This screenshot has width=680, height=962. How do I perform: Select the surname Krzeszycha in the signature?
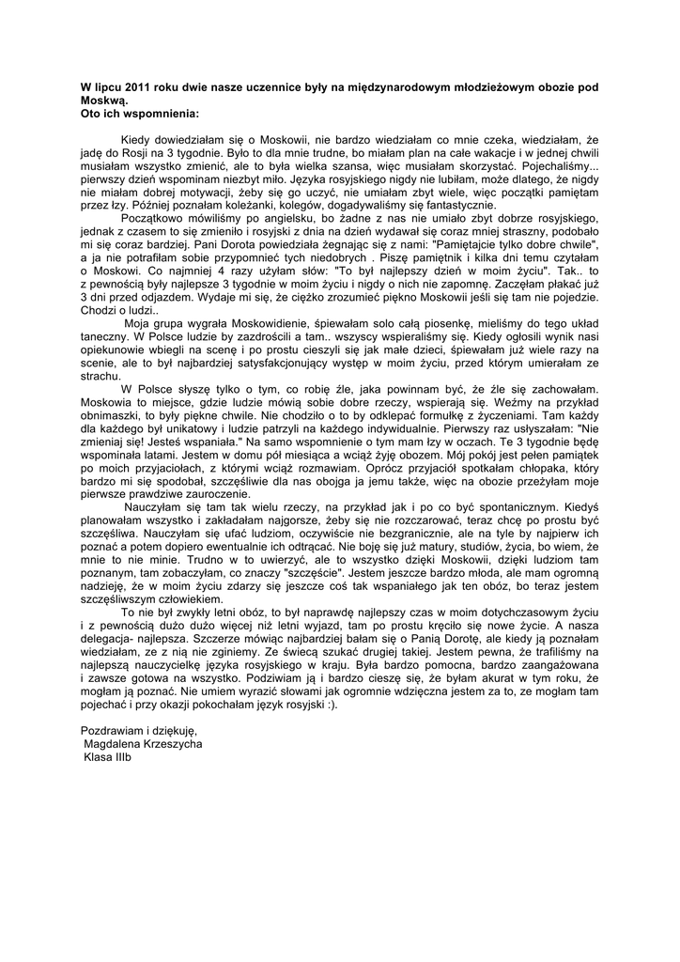tap(169, 742)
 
